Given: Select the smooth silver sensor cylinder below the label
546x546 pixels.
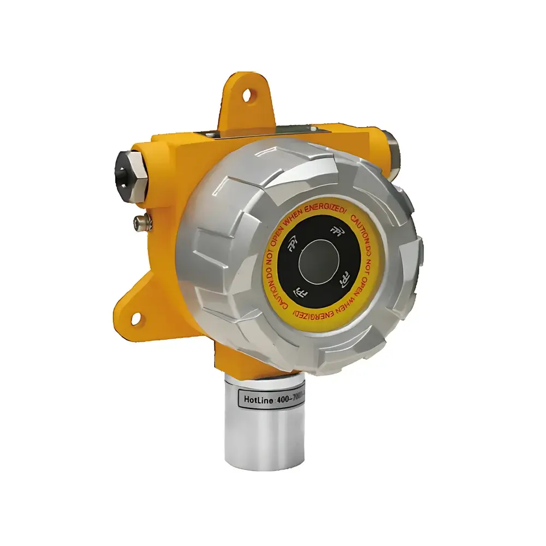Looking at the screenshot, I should [265, 437].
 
